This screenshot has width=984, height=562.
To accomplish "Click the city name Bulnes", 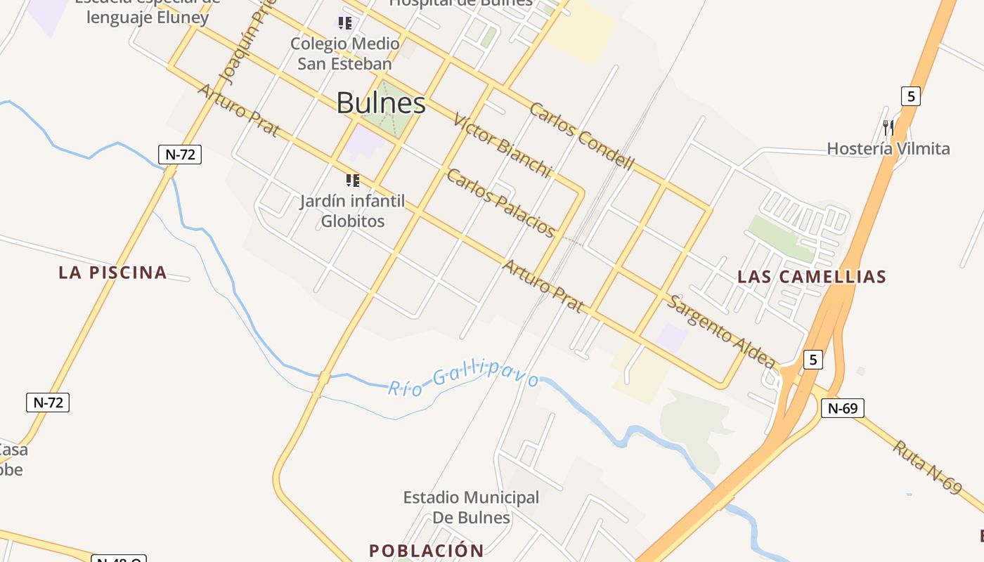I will (381, 103).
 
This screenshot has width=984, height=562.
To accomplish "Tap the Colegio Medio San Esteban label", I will (344, 53).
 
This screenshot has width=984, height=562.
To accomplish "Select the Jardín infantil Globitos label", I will (352, 211).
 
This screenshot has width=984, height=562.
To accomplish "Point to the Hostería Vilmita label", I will (888, 148).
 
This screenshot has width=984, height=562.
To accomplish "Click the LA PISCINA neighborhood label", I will (112, 273).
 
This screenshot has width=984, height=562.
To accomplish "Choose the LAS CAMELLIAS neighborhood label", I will (812, 277).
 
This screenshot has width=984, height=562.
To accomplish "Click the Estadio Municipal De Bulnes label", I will (471, 507).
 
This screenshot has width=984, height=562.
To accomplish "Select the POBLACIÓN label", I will (427, 550).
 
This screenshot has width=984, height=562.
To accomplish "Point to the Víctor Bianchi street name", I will (502, 144).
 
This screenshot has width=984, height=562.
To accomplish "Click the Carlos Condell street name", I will (581, 136).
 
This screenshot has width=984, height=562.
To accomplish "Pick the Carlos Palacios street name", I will (501, 203).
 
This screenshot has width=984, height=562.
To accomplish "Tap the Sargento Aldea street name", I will (721, 332).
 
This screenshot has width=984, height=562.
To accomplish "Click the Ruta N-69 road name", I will (927, 466).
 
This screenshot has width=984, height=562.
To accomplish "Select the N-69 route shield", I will (842, 407).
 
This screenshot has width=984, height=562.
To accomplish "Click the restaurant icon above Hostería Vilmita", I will (888, 127).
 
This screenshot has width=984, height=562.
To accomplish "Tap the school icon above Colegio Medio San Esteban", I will (344, 23).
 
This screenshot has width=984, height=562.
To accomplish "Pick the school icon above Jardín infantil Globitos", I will (353, 181).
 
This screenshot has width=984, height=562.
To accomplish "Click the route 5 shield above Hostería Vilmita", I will (911, 96).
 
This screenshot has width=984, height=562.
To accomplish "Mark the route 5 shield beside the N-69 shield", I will (813, 359).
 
